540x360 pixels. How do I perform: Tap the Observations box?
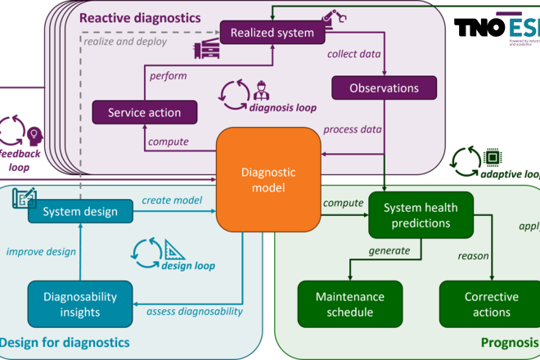pyautogui.click(x=384, y=88)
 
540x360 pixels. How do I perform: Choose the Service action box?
pyautogui.click(x=144, y=113)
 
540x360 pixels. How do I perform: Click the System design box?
pyautogui.click(x=82, y=211)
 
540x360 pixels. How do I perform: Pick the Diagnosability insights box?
pyautogui.click(x=79, y=303)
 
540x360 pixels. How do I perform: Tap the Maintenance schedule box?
pyautogui.click(x=349, y=304)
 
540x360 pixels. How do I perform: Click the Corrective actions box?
pyautogui.click(x=492, y=304)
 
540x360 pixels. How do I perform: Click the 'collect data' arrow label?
pyautogui.click(x=354, y=54)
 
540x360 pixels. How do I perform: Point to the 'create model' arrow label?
pyautogui.click(x=172, y=200)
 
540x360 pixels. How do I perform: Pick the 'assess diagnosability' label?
pyautogui.click(x=195, y=311)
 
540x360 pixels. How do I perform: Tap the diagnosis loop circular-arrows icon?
pyautogui.click(x=232, y=95)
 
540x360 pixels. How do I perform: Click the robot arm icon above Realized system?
pyautogui.click(x=332, y=16)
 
